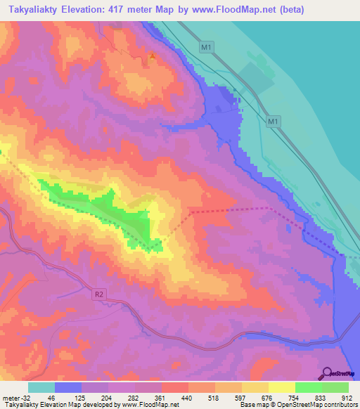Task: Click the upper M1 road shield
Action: (x=205, y=46)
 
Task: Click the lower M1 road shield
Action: (x=274, y=122)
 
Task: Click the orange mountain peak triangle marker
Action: (x=152, y=56)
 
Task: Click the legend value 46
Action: (x=51, y=397)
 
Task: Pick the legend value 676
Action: (x=268, y=397)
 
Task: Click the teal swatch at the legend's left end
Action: (x=41, y=387)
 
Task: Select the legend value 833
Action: (x=321, y=397)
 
